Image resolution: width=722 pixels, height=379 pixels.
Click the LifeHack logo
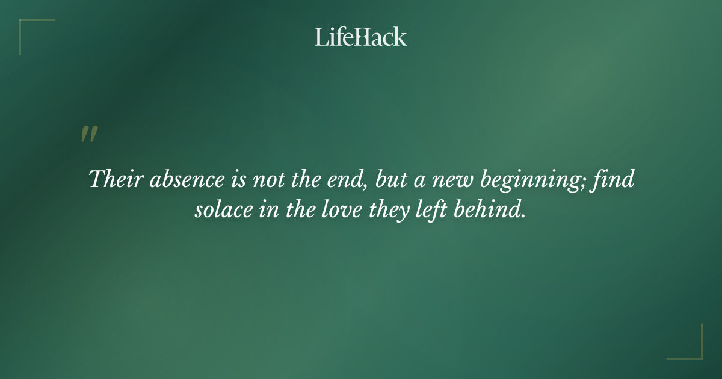click(360, 37)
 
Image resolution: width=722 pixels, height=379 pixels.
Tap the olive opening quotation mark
click(88, 135)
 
